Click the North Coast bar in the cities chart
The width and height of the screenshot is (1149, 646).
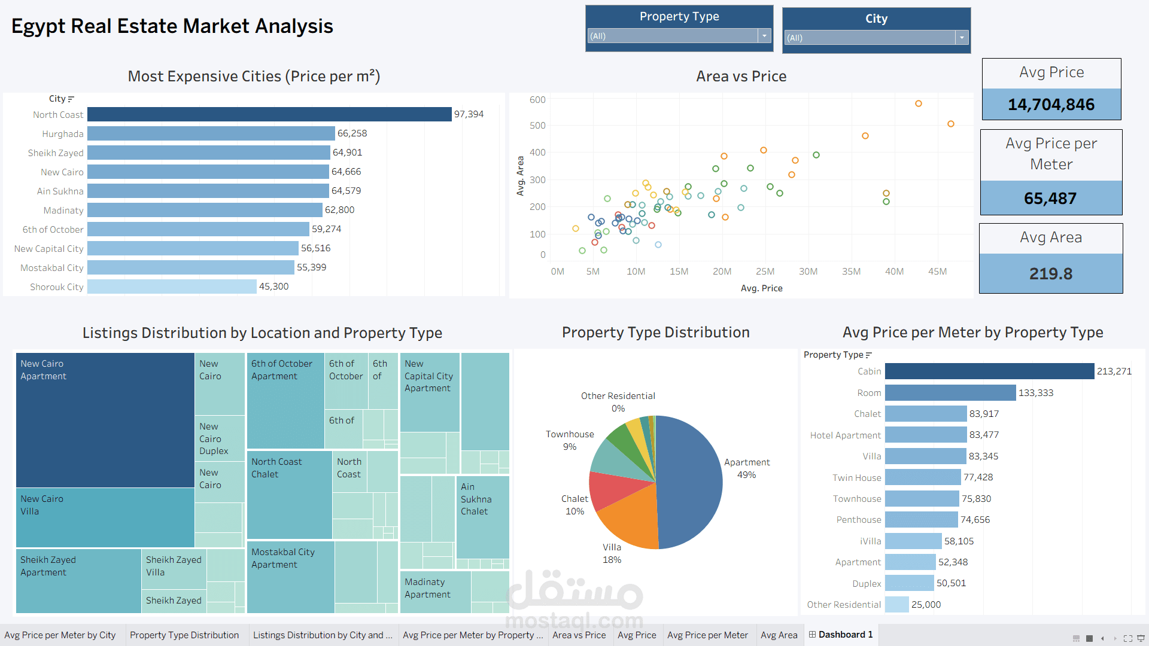(x=269, y=114)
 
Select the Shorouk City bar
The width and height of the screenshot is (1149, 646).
(x=172, y=287)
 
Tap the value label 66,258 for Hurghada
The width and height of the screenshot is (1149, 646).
(x=352, y=133)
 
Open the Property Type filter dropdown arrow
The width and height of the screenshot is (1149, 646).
(x=764, y=36)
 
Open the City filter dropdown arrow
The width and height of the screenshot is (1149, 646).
(x=962, y=38)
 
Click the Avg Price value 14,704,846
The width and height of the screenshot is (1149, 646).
(x=1051, y=105)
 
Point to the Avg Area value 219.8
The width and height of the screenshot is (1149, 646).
(x=1051, y=274)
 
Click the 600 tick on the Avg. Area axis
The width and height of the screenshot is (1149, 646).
(x=537, y=100)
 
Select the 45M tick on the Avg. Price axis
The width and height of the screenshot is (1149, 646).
(x=937, y=272)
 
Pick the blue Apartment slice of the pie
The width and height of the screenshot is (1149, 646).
(x=691, y=479)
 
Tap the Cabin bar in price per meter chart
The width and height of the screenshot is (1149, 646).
(x=989, y=371)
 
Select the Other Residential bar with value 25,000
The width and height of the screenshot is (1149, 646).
(x=896, y=605)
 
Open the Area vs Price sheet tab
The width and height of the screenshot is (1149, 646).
(x=579, y=635)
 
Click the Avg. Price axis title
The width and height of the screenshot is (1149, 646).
(x=761, y=288)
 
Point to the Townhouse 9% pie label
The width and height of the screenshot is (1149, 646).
(x=570, y=440)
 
